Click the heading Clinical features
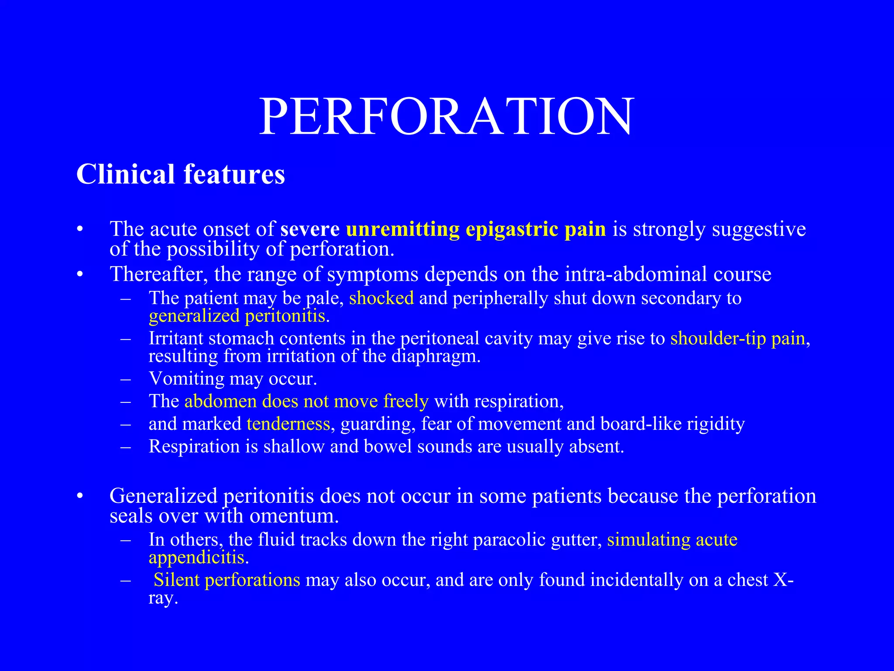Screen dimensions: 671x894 click(x=181, y=174)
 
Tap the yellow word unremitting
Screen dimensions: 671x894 click(x=402, y=229)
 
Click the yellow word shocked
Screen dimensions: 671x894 click(x=381, y=298)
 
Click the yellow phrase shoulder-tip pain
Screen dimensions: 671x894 click(x=738, y=339)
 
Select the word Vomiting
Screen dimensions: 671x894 click(x=186, y=378)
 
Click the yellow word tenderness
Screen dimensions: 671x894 click(x=288, y=424)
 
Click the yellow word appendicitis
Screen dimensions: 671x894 click(x=196, y=557)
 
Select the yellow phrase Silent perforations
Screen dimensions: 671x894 click(x=227, y=580)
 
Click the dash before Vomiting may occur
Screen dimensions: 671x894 click(x=126, y=379)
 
